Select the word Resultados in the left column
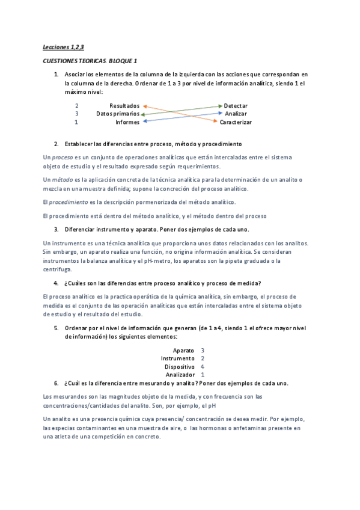click(124, 105)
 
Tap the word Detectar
click(236, 105)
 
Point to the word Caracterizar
click(236, 122)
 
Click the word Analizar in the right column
click(236, 114)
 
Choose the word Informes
click(127, 122)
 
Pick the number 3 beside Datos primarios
click(76, 114)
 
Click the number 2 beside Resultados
click(76, 105)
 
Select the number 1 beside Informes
click(76, 122)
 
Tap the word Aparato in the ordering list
click(183, 350)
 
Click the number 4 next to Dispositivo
click(203, 366)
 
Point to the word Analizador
click(180, 375)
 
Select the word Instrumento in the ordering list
click(178, 358)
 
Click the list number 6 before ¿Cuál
click(55, 383)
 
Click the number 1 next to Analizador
click(203, 375)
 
